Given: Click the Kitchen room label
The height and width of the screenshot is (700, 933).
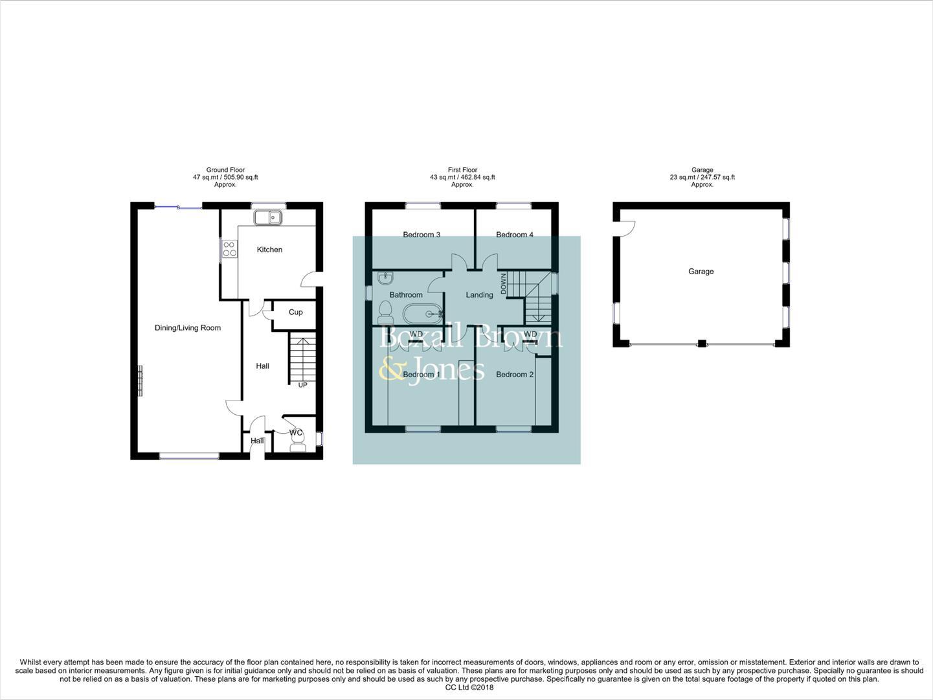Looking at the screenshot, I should pyautogui.click(x=269, y=250).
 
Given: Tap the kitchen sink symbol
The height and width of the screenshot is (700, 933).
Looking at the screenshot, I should pyautogui.click(x=266, y=218).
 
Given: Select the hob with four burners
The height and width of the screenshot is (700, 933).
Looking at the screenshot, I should pyautogui.click(x=229, y=249).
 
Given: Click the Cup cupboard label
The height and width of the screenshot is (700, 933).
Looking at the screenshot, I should pyautogui.click(x=295, y=312).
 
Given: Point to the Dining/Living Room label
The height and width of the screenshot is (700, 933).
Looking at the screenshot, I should pyautogui.click(x=188, y=328).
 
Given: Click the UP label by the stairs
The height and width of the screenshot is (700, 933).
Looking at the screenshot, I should pyautogui.click(x=302, y=385).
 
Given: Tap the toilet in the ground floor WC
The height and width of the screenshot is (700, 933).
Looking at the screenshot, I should pyautogui.click(x=298, y=444).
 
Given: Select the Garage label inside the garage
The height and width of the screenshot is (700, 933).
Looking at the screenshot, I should pyautogui.click(x=701, y=272).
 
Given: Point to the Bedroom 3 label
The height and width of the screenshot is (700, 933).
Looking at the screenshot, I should pyautogui.click(x=422, y=235).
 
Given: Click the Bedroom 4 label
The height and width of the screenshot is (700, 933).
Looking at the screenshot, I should pyautogui.click(x=515, y=235).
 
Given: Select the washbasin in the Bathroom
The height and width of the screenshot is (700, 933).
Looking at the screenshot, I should pyautogui.click(x=386, y=278).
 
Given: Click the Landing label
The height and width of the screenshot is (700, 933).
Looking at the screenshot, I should pyautogui.click(x=479, y=295).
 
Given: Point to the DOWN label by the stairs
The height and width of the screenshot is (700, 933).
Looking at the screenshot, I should pyautogui.click(x=502, y=283).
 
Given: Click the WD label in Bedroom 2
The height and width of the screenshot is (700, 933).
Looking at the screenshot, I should pyautogui.click(x=530, y=334).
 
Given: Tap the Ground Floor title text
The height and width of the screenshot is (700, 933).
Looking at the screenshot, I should pyautogui.click(x=225, y=170).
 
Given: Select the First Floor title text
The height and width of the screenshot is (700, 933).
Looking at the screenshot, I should pyautogui.click(x=462, y=170).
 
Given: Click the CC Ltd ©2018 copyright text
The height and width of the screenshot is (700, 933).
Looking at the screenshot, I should pyautogui.click(x=469, y=688).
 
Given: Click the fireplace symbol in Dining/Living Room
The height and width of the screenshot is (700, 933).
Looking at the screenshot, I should pyautogui.click(x=139, y=380).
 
